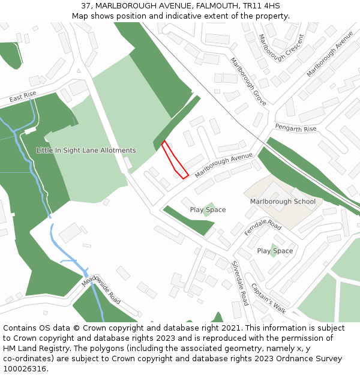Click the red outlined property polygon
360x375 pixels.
[x=175, y=160]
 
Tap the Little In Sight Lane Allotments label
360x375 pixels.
[x=86, y=151]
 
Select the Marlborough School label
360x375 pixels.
[x=283, y=202]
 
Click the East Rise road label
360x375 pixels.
[x=23, y=97]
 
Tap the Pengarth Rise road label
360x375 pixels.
[x=295, y=129]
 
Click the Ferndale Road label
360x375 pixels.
[x=263, y=227]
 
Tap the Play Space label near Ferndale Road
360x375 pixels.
[x=275, y=251]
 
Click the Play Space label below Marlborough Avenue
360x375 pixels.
[x=208, y=210]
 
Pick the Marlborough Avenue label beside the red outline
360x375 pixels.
[x=223, y=165]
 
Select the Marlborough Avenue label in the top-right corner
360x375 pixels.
[x=330, y=54]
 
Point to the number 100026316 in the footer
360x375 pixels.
[x=25, y=368]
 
